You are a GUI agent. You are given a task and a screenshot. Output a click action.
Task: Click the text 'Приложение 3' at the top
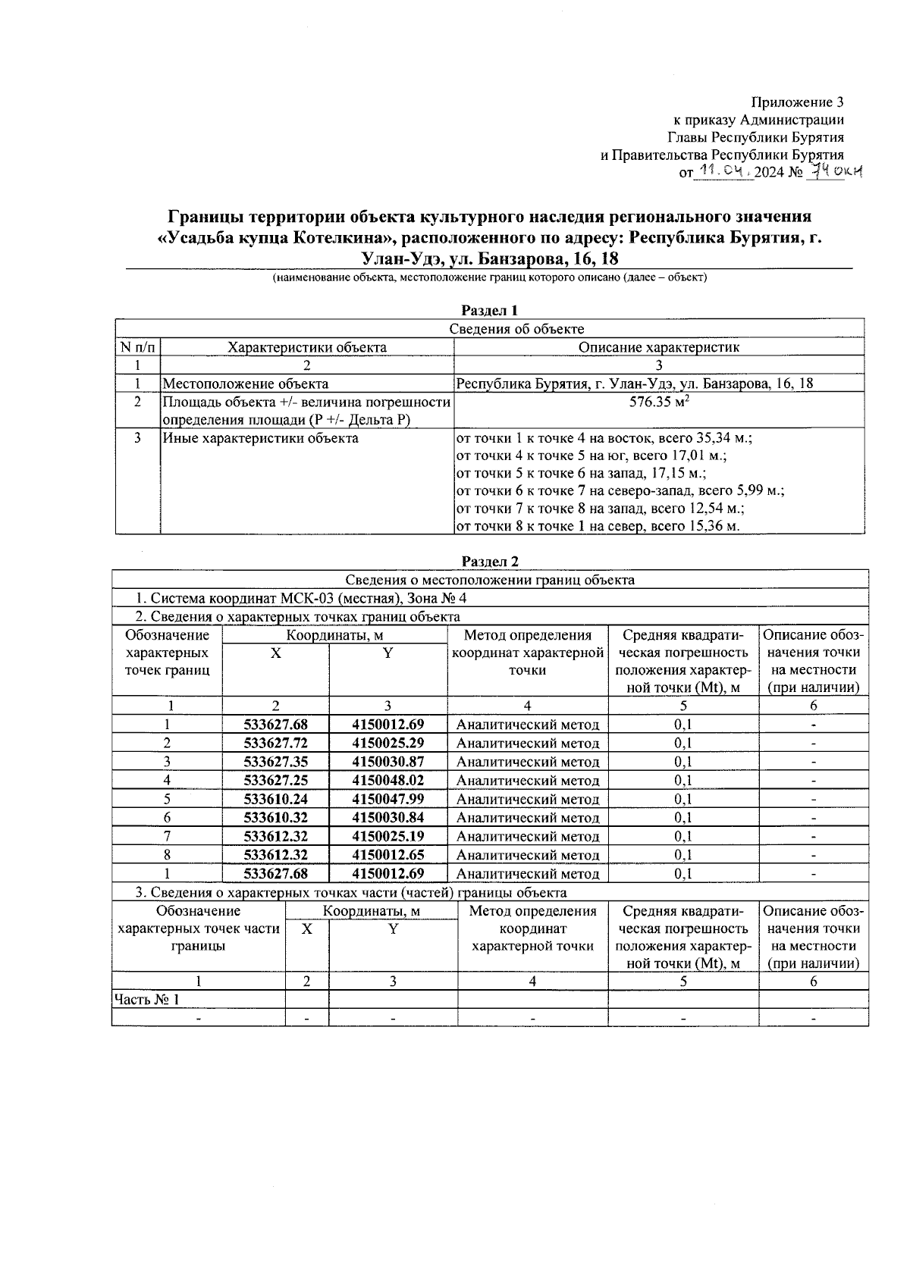pyautogui.click(x=797, y=102)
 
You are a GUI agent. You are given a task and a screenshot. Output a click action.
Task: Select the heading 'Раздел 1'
pyautogui.click(x=490, y=310)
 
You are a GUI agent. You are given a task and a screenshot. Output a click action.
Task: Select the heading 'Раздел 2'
pyautogui.click(x=490, y=562)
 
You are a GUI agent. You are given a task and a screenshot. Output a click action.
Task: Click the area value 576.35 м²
pyautogui.click(x=658, y=402)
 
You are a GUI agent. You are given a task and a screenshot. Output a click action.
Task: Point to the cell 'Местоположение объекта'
pyautogui.click(x=246, y=384)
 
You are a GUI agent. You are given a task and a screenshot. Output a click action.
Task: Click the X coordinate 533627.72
pyautogui.click(x=275, y=744)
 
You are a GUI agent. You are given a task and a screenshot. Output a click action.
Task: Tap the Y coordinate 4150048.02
pyautogui.click(x=388, y=781)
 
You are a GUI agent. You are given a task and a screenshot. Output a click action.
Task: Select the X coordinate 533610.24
pyautogui.click(x=275, y=799)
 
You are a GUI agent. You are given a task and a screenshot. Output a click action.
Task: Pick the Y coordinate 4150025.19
pyautogui.click(x=388, y=836)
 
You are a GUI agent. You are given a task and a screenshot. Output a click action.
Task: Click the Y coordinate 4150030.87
pyautogui.click(x=388, y=762)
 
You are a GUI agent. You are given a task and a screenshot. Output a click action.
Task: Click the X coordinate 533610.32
pyautogui.click(x=275, y=818)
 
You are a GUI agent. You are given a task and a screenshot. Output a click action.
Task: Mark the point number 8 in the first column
pyautogui.click(x=167, y=855)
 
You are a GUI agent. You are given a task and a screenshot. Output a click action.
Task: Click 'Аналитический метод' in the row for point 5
pyautogui.click(x=527, y=799)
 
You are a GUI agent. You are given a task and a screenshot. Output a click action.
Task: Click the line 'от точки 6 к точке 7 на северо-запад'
pyautogui.click(x=619, y=491)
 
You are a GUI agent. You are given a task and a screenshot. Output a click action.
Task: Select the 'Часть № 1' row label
pyautogui.click(x=146, y=1000)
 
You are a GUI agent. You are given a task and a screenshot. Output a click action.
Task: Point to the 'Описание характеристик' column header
pyautogui.click(x=658, y=347)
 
